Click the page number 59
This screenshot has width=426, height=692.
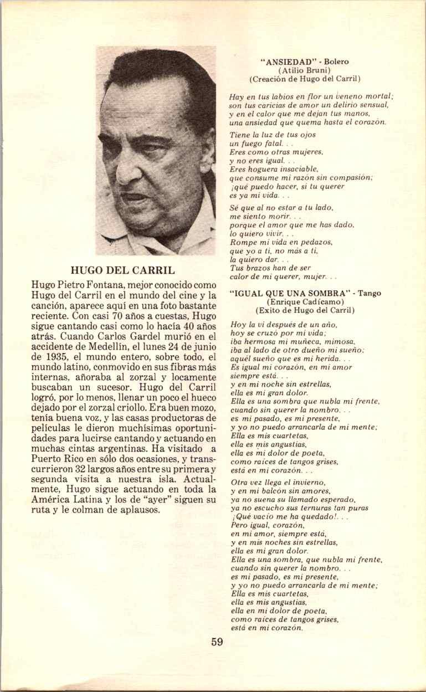click(x=217, y=642)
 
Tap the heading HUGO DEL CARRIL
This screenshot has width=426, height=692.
click(x=123, y=271)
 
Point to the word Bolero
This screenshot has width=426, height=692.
click(x=336, y=62)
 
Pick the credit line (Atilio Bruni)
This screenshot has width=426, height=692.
click(x=304, y=70)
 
